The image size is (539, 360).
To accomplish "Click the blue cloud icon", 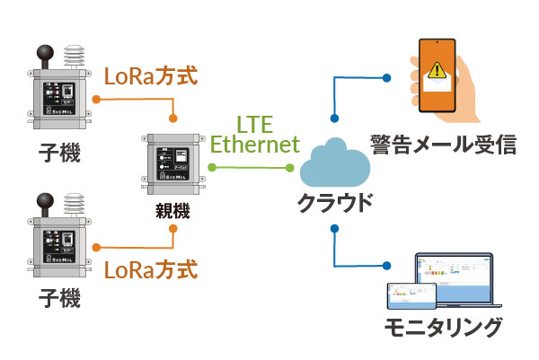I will (335, 163).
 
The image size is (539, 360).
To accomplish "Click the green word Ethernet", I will (254, 144).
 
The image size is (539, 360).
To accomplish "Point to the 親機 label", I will (170, 214).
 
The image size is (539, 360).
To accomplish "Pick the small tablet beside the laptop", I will (402, 297).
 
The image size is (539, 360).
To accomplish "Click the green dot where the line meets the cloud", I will (290, 168).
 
